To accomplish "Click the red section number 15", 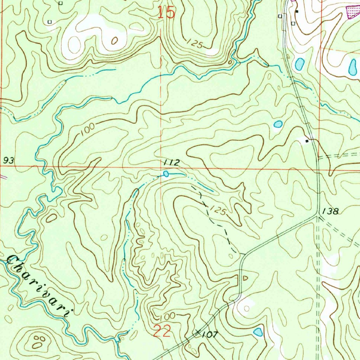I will tap(166, 13).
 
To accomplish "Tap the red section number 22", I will tap(162, 331).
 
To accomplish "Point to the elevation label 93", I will tap(9, 161).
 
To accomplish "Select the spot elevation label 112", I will tap(171, 162).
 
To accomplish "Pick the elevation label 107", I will tap(210, 335).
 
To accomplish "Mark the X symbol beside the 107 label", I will tap(198, 331).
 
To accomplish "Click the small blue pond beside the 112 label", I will tap(166, 174).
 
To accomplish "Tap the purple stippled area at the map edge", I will tap(353, 12).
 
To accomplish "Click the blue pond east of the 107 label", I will tap(258, 332).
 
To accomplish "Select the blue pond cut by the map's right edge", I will tap(352, 67).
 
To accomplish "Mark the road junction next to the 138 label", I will tap(317, 216).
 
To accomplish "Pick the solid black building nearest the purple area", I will tap(297, 12).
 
